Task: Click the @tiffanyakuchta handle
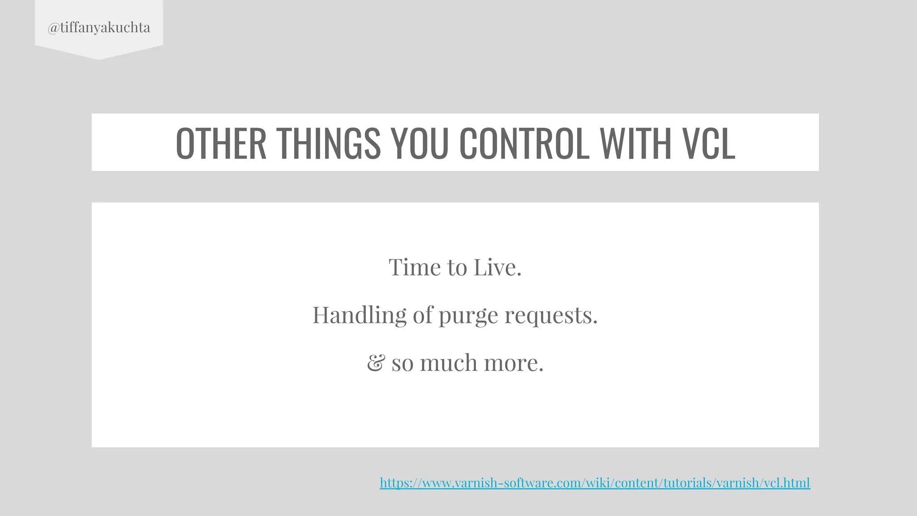pos(99,28)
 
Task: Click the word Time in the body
pos(415,267)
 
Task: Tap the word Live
pos(497,267)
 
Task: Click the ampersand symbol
pos(375,362)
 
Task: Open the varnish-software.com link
pos(595,483)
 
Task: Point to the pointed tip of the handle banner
pos(99,59)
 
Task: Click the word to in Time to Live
pos(457,267)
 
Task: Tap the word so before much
pos(402,363)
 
